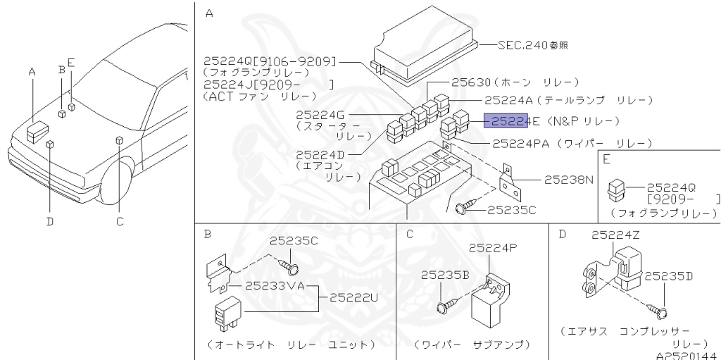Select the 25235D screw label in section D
[672, 276]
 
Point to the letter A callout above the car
[32, 72]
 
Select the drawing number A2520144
[687, 355]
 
